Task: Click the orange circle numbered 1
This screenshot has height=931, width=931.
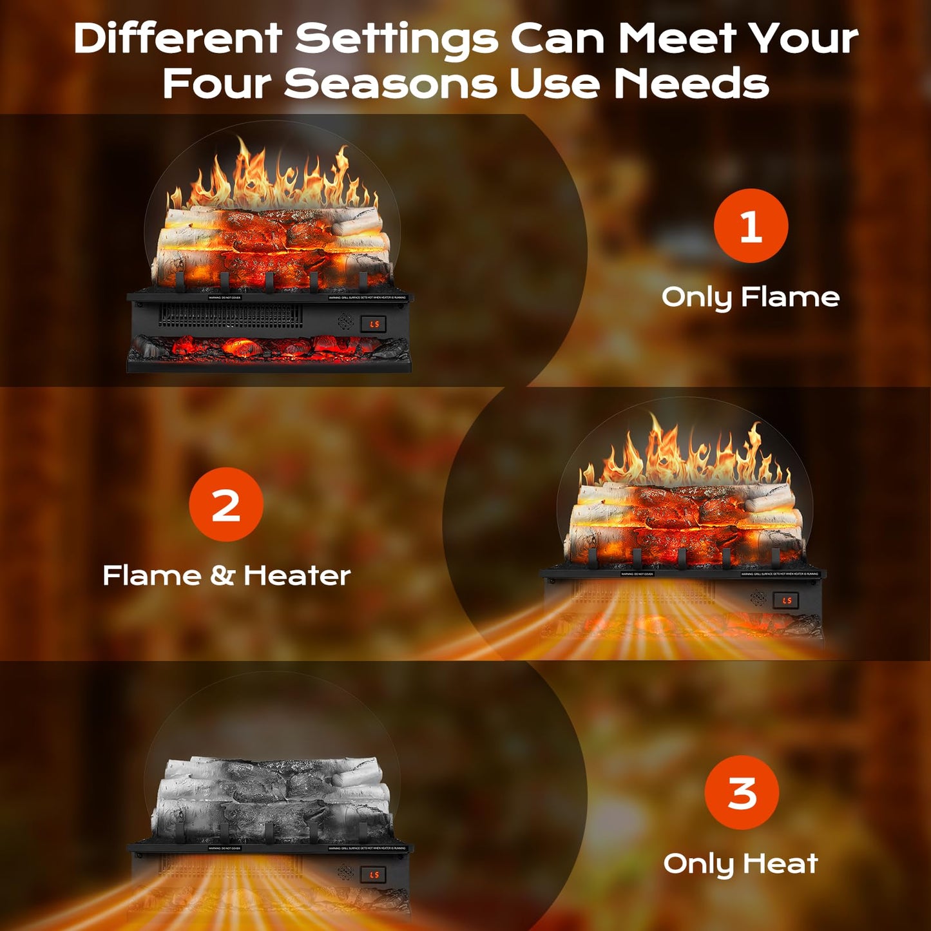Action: (x=751, y=226)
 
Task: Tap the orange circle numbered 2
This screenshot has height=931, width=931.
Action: (x=226, y=504)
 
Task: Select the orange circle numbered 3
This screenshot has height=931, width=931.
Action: (x=742, y=792)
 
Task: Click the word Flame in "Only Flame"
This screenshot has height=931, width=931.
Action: (x=790, y=297)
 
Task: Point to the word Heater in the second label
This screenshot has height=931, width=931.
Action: (x=297, y=575)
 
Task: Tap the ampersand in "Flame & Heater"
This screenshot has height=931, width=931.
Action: (x=222, y=575)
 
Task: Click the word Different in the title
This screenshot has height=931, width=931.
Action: (x=177, y=39)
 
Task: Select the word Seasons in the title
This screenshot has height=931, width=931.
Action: (x=390, y=84)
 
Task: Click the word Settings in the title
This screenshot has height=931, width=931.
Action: (x=396, y=39)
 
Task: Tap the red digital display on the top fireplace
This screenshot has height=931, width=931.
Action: (x=374, y=324)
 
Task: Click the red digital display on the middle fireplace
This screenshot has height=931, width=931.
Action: (x=786, y=600)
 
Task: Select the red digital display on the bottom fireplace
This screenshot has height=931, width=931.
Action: (x=374, y=874)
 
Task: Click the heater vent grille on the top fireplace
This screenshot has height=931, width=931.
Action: (x=230, y=316)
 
